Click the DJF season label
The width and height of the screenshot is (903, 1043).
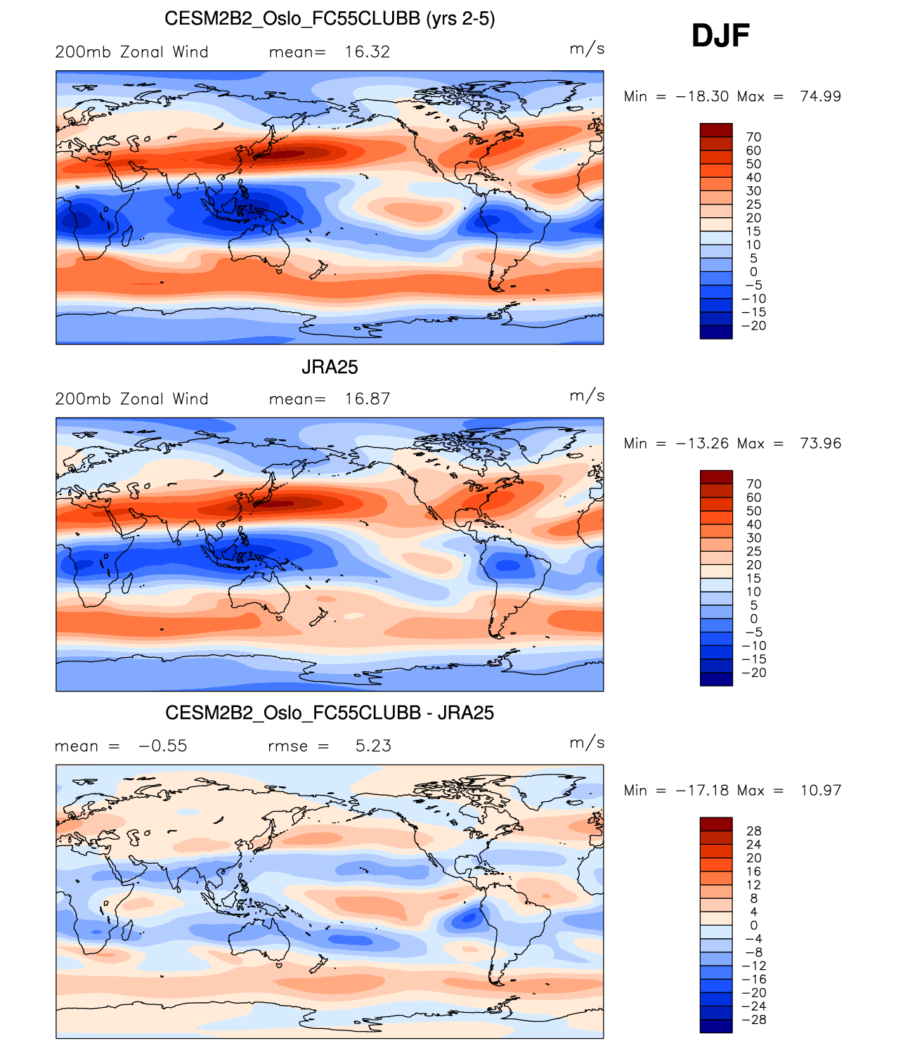pos(720,36)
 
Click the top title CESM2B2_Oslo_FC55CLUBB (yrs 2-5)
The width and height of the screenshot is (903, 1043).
pos(330,18)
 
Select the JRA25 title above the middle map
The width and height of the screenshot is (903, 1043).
pos(330,367)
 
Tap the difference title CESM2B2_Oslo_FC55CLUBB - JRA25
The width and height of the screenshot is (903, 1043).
pos(330,713)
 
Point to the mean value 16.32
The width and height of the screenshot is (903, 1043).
pos(367,52)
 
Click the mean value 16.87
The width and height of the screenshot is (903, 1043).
pos(367,399)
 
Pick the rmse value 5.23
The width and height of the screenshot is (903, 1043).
pos(373,746)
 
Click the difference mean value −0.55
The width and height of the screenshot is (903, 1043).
pos(163,746)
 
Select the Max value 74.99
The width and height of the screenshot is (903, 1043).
pos(820,96)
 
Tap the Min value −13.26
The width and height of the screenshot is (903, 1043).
pos(702,443)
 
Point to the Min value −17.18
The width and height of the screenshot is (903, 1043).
pos(702,791)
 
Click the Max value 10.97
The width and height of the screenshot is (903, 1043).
pos(820,791)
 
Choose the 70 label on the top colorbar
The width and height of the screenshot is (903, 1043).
pos(753,137)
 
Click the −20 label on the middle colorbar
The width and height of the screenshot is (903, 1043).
pos(753,673)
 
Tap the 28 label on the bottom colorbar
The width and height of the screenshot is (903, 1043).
pos(753,831)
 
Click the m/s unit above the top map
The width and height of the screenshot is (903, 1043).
pos(587,49)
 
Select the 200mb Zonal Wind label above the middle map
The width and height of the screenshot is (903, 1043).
pos(131,399)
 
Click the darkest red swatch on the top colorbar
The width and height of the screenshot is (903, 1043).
pos(716,130)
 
